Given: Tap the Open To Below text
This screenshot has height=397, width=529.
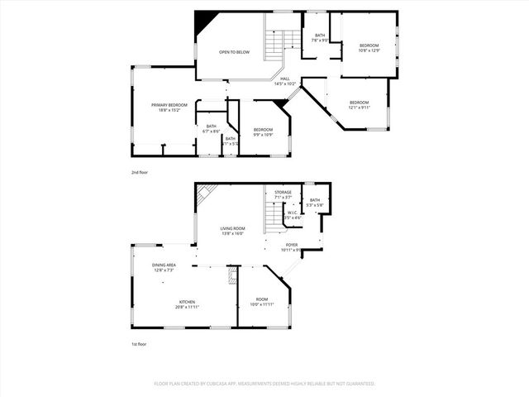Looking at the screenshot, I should pos(234,52).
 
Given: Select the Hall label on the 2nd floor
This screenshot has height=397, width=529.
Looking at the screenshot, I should pos(284,81).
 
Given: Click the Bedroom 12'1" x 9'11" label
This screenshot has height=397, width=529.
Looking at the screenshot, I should pos(359,104).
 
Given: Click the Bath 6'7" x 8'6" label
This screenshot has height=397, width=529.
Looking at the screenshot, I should pos(212,129).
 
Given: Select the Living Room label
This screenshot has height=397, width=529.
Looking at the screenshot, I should pos(232,231).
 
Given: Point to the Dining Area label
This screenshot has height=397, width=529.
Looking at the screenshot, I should pos(164,267).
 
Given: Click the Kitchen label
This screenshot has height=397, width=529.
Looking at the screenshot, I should pos(187,304).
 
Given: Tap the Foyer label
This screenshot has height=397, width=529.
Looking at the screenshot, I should pos(292,247).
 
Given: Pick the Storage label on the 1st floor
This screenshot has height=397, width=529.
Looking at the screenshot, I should pos(284,194).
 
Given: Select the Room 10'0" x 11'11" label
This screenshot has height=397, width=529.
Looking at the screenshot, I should pos(261,301).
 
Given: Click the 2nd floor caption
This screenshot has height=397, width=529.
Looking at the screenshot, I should pos(139,172).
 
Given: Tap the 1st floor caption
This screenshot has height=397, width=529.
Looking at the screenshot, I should pos(139,344).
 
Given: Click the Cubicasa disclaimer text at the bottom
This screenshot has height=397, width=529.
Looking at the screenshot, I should pos(264,384).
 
